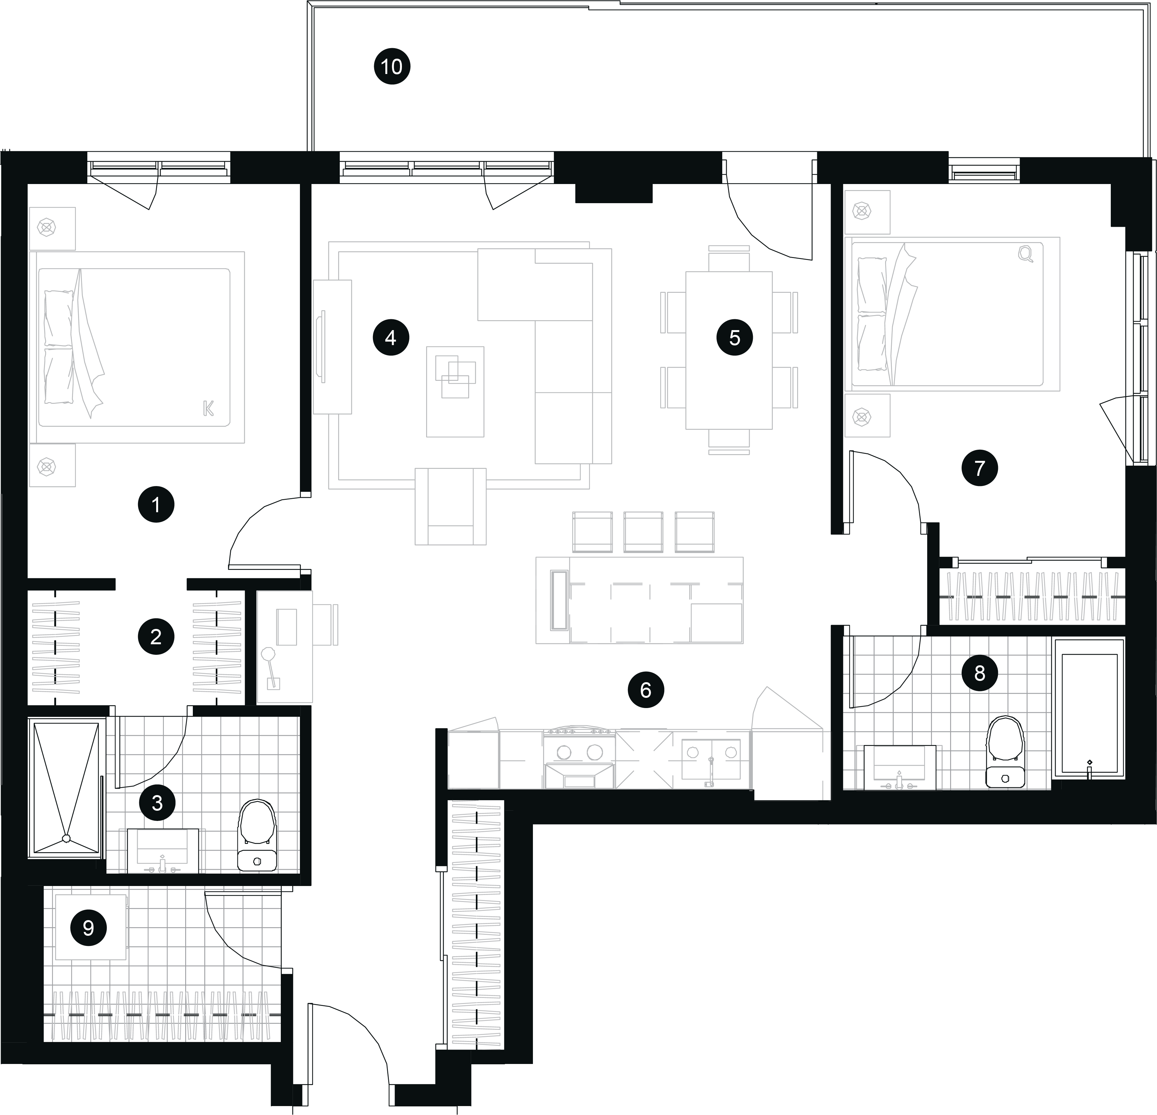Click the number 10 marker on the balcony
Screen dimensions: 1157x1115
point(392,67)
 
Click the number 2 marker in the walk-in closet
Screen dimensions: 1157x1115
point(156,637)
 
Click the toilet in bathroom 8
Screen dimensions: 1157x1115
point(1005,751)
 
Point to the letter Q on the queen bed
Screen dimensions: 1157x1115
point(1026,254)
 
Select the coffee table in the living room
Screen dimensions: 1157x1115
point(455,392)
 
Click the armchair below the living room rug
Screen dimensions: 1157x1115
point(450,506)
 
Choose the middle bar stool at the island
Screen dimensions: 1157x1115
point(644,532)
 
